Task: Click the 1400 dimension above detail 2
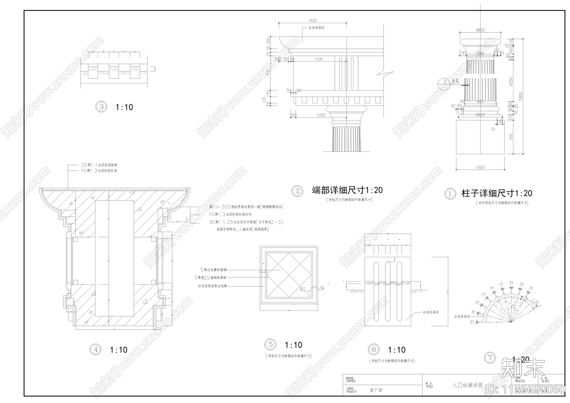(312, 21)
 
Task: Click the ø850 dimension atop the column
(480, 30)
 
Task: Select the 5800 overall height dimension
(520, 96)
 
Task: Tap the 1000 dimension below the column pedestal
(480, 167)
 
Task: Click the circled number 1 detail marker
(450, 194)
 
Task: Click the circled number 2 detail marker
(297, 191)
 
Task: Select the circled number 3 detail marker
(101, 107)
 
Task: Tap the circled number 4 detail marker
(95, 350)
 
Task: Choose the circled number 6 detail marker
(373, 349)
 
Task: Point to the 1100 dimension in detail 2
(318, 59)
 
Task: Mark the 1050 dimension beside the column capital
(321, 115)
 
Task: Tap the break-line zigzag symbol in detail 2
(385, 74)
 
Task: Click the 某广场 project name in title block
(376, 390)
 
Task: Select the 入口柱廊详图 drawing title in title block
(467, 385)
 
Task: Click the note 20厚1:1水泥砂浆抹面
(99, 165)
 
